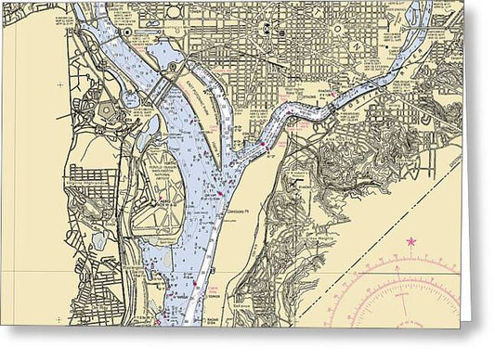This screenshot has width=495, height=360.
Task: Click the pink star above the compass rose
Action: (410, 242)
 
